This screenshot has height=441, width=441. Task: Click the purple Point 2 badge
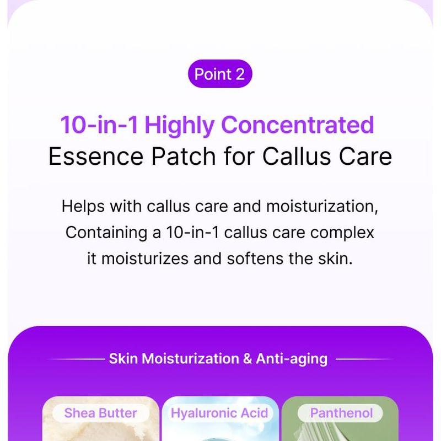point(220,74)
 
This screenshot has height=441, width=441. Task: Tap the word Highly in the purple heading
point(179,126)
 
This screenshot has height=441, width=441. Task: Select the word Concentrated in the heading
point(298,125)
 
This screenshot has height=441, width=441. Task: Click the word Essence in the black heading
point(96,157)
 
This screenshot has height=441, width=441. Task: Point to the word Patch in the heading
point(184,157)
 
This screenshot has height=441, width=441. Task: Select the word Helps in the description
point(83,207)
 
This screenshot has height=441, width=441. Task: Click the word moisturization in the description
point(322,206)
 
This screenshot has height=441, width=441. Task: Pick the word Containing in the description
point(106,233)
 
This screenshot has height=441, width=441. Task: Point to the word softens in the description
point(255,259)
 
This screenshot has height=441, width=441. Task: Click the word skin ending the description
point(335,259)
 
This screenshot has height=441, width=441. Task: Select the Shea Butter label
point(101,413)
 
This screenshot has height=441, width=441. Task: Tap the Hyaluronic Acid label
point(219,413)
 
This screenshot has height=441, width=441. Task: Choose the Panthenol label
point(341,413)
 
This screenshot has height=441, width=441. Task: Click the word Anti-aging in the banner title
point(292,359)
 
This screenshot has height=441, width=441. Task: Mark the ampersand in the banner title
point(247,359)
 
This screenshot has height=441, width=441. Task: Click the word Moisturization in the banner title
point(190,359)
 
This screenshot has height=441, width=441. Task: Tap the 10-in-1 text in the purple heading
point(99,125)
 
